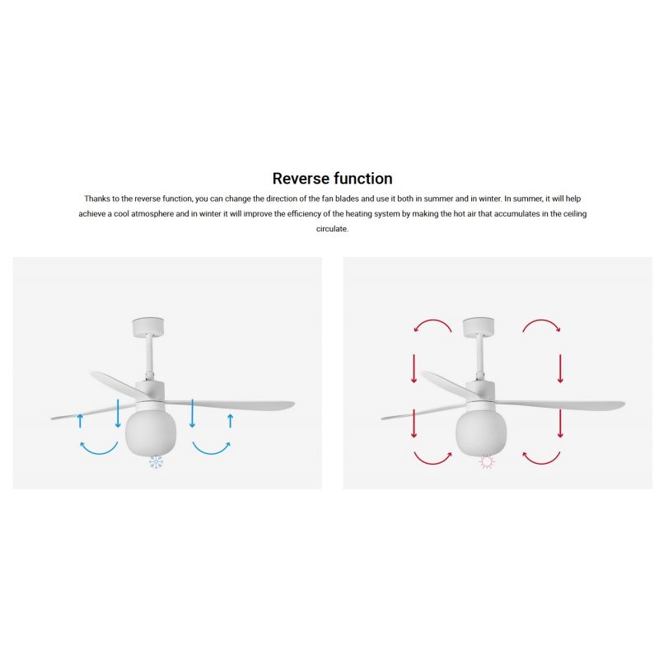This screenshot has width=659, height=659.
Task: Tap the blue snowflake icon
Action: pos(156,462)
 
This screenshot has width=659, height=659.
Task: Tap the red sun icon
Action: pos(487,462)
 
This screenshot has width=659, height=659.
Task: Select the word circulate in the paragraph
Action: pos(332,229)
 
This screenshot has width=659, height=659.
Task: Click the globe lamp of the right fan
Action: pos(481,432)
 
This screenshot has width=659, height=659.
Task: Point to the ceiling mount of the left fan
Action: pos(148,327)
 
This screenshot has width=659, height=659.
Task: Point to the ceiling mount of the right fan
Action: pos(479,327)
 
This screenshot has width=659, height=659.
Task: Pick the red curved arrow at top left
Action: pos(432,320)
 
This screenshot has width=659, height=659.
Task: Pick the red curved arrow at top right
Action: pos(541,320)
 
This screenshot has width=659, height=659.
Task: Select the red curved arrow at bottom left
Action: pos(432,463)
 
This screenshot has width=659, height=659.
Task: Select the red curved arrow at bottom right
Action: pos(541,463)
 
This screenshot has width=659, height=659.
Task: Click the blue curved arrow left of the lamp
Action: pos(99,453)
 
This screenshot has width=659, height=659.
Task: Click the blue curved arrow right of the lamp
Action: pos(212,453)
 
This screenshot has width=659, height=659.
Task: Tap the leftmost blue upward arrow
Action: pos(80,421)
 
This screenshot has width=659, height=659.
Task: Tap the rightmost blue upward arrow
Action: pos(231,421)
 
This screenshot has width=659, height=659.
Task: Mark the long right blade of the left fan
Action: pos(231,404)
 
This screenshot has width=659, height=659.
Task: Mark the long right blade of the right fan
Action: pos(562,404)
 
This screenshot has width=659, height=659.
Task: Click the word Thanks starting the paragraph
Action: pos(97,199)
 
